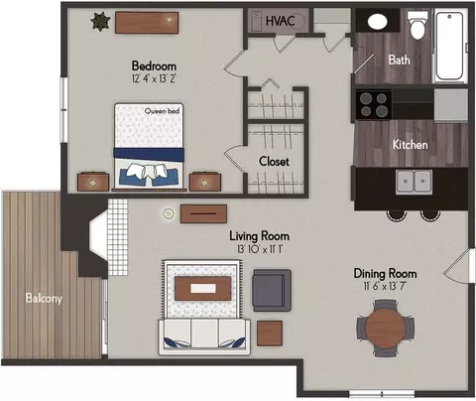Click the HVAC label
point(280,21)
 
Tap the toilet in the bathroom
point(416,24)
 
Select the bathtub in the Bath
point(449,46)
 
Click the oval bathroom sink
point(377,22)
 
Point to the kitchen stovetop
point(374,104)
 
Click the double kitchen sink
point(414,182)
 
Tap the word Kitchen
point(410,145)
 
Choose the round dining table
point(385,328)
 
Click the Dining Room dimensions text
point(385,286)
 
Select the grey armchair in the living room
point(272,290)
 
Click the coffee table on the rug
point(203,289)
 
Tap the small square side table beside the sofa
point(270,334)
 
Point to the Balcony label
point(44,298)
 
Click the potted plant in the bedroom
point(100,21)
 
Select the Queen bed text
point(162,111)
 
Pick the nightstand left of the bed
point(93,182)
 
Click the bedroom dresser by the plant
point(147,23)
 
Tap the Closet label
point(274,161)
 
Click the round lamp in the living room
point(169,213)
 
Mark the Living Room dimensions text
point(260,249)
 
